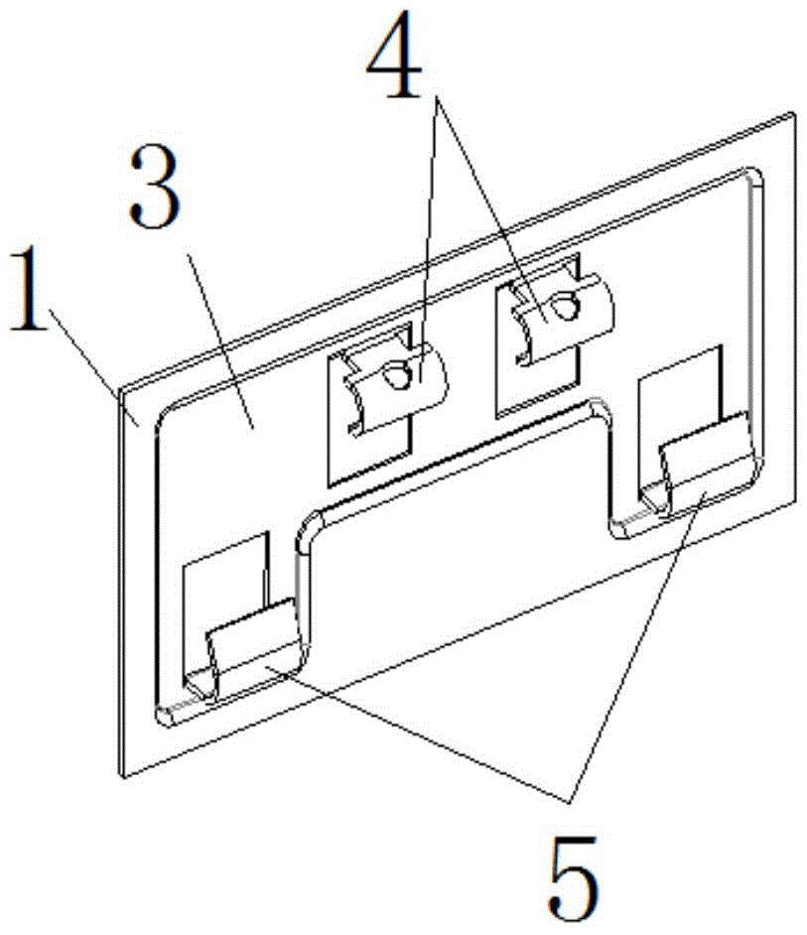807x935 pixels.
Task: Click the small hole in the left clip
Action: (x=396, y=375)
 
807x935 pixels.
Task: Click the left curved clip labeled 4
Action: (x=392, y=387)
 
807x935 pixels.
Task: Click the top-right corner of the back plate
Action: (x=793, y=113)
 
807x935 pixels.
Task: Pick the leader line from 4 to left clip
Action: (x=425, y=228)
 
